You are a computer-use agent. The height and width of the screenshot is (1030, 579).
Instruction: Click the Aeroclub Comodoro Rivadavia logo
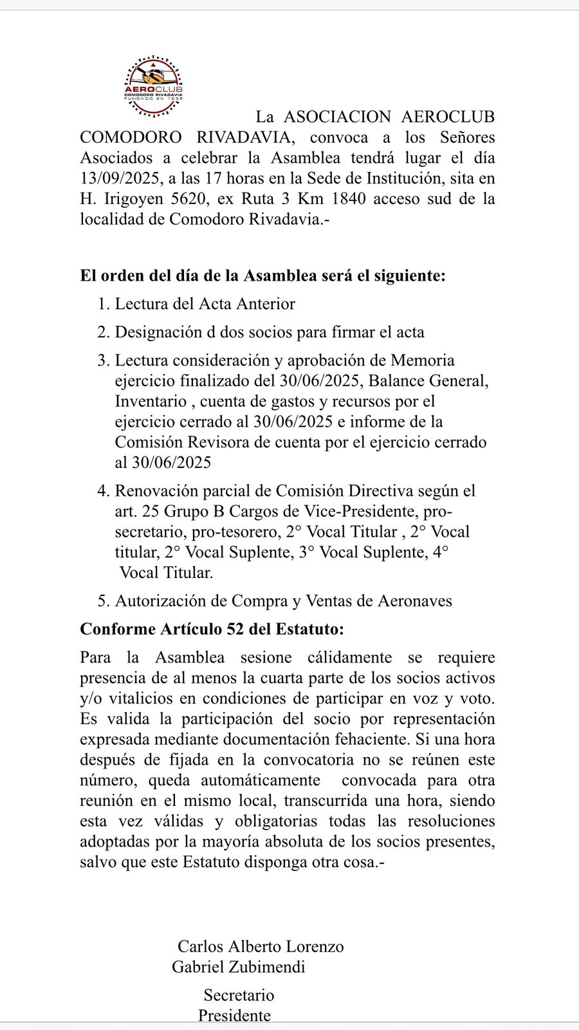click(154, 87)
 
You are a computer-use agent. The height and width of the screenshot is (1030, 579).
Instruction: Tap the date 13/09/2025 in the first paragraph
click(120, 178)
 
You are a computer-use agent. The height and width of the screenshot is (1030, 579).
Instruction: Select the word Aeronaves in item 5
click(414, 601)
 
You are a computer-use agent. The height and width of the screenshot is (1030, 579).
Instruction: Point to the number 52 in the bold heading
click(235, 628)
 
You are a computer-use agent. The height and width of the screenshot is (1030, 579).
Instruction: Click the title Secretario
click(239, 995)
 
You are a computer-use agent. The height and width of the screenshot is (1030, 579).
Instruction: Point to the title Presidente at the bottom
click(234, 1016)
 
